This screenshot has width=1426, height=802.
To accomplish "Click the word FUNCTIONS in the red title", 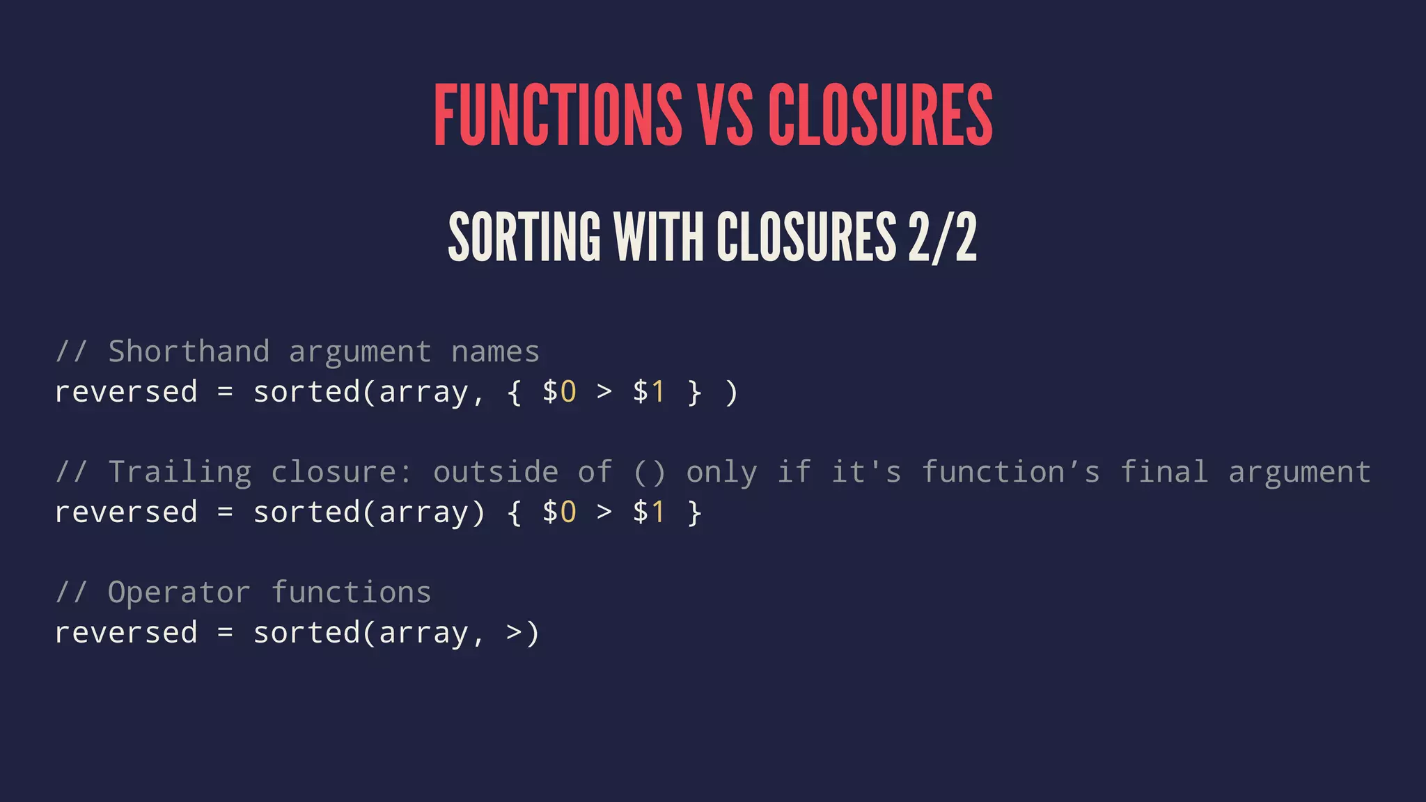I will [558, 115].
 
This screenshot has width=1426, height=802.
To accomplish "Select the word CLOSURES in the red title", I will [880, 115].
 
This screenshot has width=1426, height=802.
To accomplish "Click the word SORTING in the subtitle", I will [524, 237].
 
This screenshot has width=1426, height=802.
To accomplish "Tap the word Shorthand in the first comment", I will [189, 352].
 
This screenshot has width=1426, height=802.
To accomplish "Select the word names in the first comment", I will [495, 352].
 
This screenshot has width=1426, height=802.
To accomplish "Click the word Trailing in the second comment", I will [180, 472].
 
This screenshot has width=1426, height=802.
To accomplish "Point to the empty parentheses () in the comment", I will [649, 472].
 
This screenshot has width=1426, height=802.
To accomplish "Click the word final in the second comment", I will [1163, 472].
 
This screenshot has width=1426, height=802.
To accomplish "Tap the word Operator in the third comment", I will [179, 592].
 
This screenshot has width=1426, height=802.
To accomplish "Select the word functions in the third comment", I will [351, 592].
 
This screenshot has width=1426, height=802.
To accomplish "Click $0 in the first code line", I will [559, 392].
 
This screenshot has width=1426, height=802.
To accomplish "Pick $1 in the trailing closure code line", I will [649, 512].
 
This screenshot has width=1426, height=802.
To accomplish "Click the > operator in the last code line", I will [514, 633].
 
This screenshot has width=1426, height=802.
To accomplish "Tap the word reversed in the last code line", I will [126, 633].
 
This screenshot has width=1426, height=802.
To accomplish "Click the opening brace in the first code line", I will [514, 392].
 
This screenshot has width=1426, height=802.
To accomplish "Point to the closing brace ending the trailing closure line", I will [694, 512].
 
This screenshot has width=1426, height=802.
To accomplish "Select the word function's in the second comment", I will [1011, 472].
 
